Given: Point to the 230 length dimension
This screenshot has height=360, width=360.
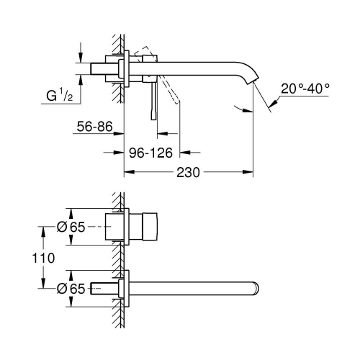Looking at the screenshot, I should [x=186, y=173].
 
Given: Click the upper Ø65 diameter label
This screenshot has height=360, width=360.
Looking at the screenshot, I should [x=71, y=226].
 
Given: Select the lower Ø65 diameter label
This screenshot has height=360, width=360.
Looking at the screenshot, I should [x=71, y=288].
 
